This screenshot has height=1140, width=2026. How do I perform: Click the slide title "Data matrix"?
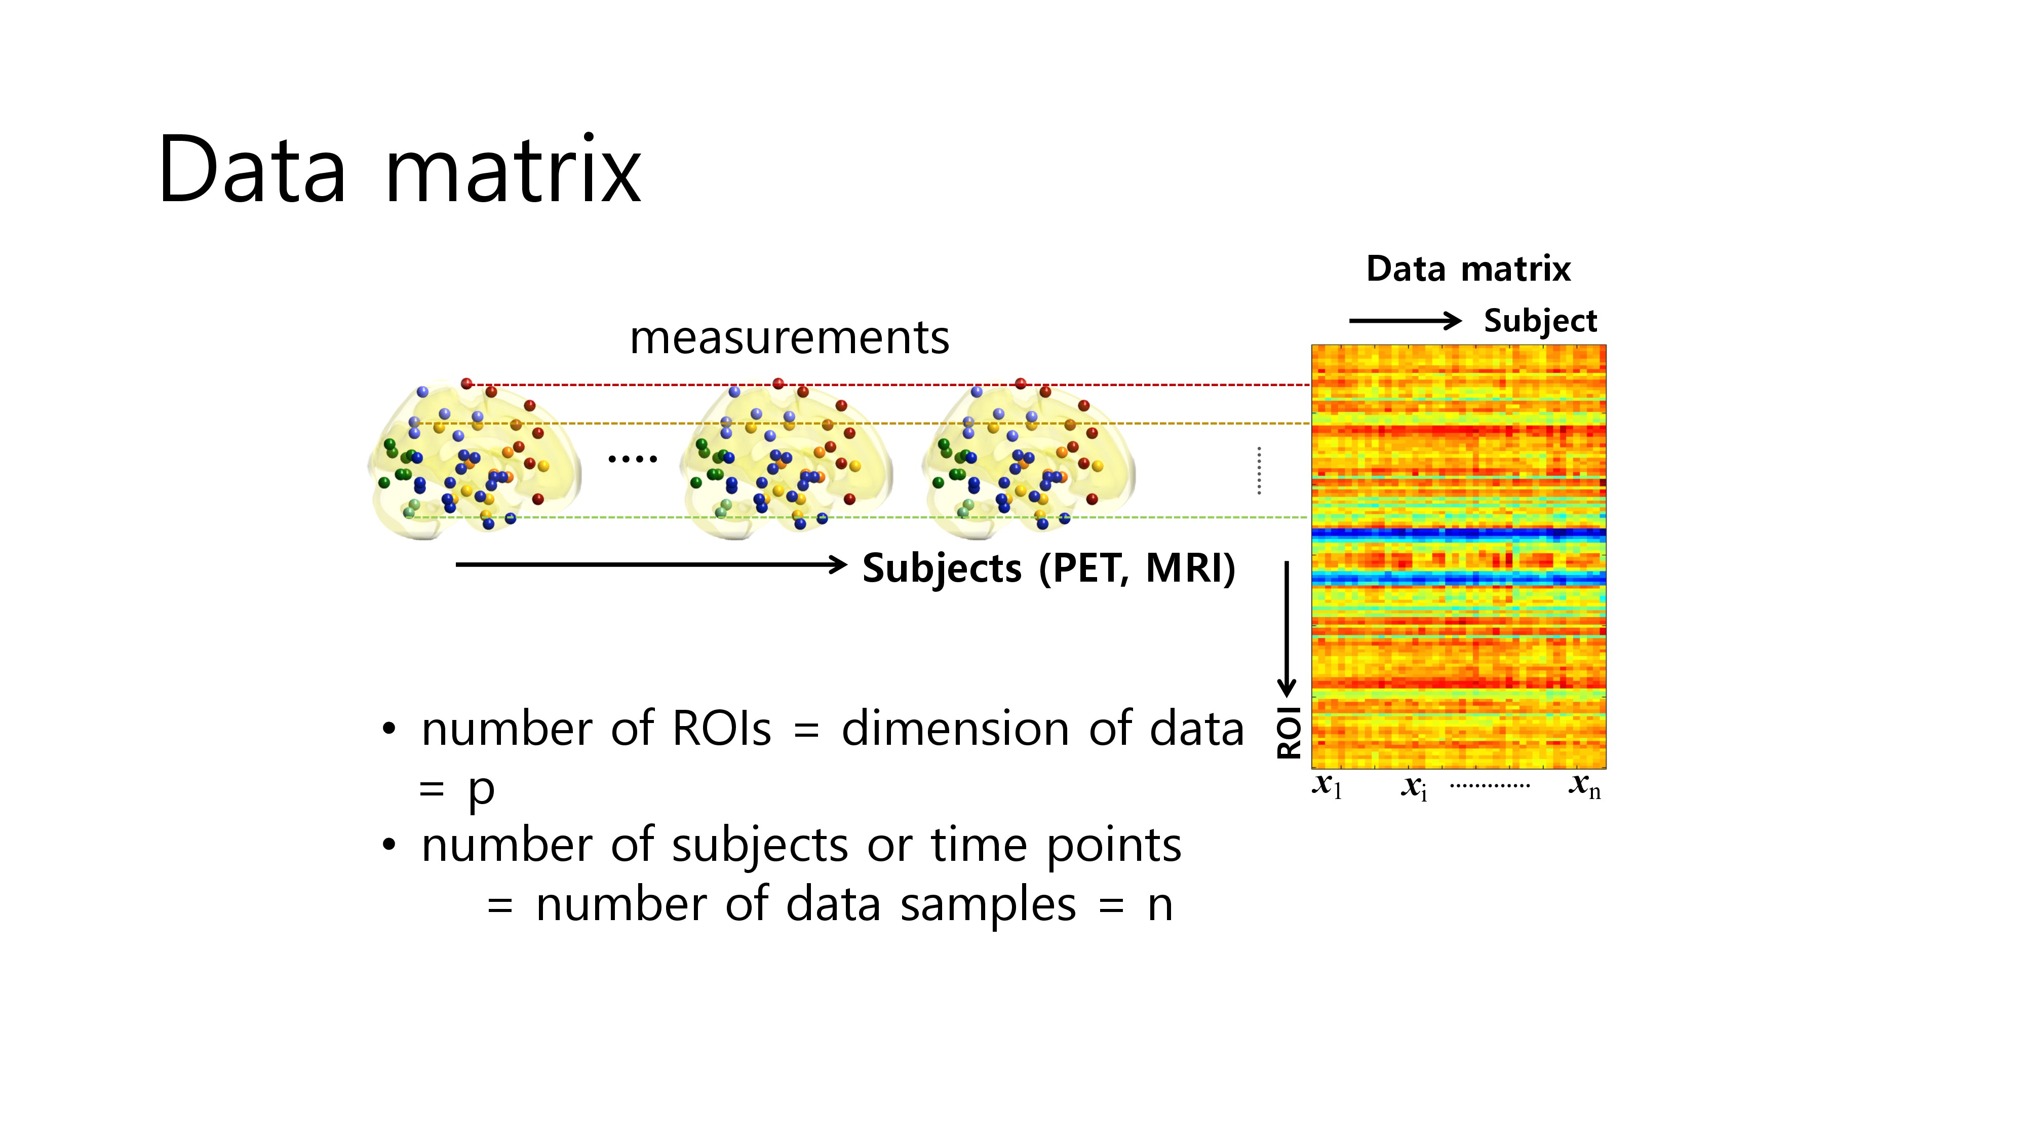click(400, 169)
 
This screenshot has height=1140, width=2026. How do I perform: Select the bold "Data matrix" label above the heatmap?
click(1468, 269)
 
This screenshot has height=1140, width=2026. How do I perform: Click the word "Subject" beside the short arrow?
click(1540, 322)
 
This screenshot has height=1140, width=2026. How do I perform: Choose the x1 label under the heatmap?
click(1328, 785)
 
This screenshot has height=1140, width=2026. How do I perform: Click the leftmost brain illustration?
click(474, 460)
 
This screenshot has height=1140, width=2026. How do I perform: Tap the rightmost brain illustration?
click(1029, 460)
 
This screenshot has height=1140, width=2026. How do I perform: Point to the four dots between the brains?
click(633, 458)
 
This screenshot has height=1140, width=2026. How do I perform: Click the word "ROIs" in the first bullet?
click(721, 729)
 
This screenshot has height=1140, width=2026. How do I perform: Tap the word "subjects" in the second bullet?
click(760, 847)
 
